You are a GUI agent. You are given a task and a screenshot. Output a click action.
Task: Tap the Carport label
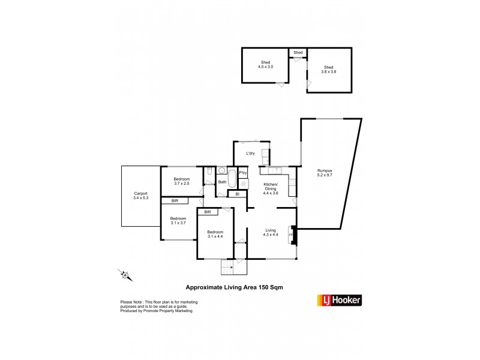click(141, 196)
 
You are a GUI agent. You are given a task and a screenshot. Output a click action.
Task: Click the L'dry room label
click(251, 154)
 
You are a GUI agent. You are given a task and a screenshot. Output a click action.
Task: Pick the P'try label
click(243, 173)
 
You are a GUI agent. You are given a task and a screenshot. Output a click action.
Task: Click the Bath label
click(222, 182)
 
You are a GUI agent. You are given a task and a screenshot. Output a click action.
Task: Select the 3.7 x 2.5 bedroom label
click(182, 181)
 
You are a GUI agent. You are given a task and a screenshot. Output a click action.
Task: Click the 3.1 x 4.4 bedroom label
click(215, 234)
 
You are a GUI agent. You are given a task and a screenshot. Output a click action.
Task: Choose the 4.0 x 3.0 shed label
click(266, 64)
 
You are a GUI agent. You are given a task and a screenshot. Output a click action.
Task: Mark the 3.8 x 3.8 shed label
click(329, 70)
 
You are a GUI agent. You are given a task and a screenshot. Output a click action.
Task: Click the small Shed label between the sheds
click(298, 52)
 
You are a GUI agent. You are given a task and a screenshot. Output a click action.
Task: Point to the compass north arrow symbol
click(125, 275)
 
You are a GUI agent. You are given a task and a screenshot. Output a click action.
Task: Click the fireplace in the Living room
click(292, 234)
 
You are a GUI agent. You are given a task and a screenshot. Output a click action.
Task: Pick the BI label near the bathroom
click(238, 194)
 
